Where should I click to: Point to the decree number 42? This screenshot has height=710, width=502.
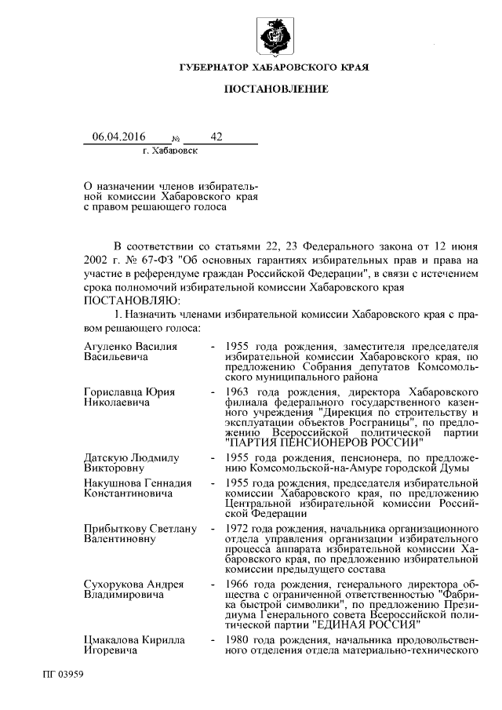coord(216,137)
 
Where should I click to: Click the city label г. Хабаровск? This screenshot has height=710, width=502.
coord(170,149)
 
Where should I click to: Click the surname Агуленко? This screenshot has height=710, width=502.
coord(108,346)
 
